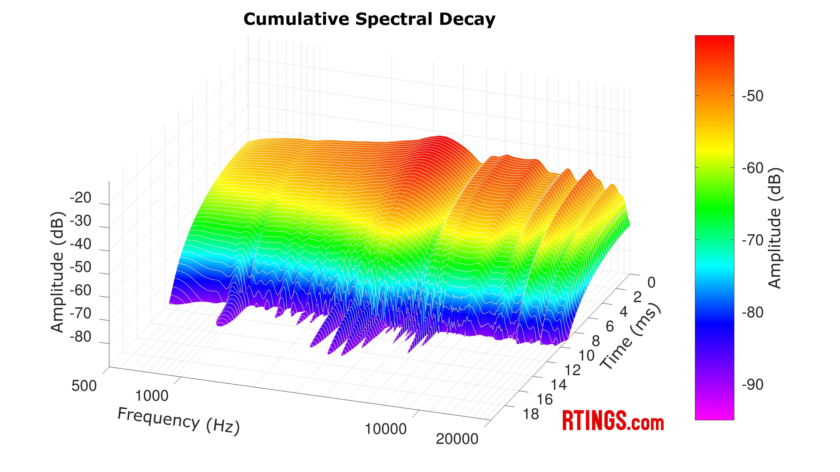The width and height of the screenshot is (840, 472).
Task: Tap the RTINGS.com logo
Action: coord(613,421)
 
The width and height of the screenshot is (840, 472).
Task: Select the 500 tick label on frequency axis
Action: coord(84,386)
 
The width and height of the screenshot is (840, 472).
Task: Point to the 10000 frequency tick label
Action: coord(385,429)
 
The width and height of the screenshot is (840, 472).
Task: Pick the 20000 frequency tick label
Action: coord(457,439)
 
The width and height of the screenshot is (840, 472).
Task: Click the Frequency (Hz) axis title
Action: coord(178,421)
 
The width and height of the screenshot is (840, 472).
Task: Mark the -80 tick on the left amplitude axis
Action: coord(80,337)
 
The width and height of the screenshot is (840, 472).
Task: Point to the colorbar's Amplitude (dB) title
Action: coord(774,228)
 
